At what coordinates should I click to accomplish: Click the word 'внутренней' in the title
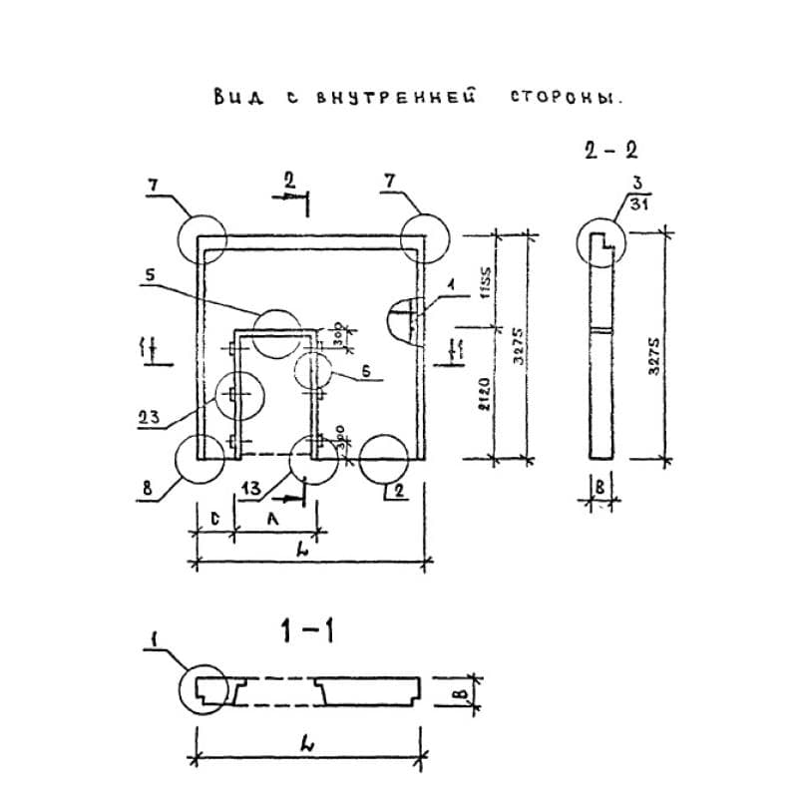394,99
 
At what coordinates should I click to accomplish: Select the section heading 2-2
610,151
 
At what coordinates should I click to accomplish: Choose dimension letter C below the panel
215,519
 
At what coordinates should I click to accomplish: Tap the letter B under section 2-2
599,489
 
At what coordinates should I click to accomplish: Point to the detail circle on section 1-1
204,689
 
